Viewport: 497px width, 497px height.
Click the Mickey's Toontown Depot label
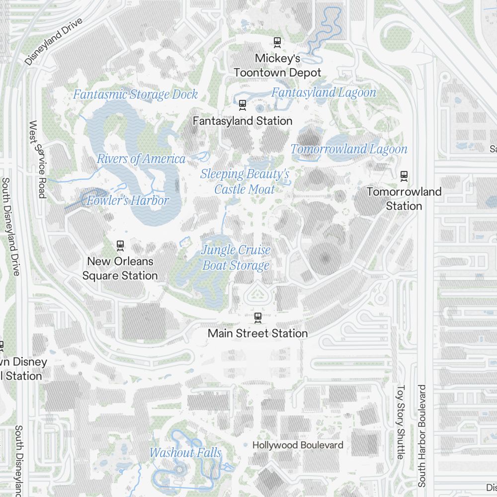click(x=277, y=66)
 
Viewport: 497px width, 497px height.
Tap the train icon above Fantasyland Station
click(x=243, y=104)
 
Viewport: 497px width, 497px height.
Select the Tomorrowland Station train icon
click(x=404, y=175)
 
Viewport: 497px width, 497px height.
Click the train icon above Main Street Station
click(x=257, y=317)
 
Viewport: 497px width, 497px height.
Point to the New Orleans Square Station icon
click(x=120, y=245)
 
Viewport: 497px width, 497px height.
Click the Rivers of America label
click(x=141, y=159)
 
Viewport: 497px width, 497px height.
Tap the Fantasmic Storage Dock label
click(x=135, y=94)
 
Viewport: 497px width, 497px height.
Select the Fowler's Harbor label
click(x=128, y=201)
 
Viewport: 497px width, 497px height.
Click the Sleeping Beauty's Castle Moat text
click(x=245, y=181)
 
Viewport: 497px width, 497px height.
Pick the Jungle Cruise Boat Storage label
click(x=236, y=257)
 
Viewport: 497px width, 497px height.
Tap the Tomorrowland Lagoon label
click(x=349, y=149)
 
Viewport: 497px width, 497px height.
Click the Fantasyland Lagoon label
click(x=324, y=92)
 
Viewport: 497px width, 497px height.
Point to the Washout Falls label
click(x=185, y=453)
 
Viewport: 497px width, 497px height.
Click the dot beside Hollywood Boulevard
click(x=246, y=445)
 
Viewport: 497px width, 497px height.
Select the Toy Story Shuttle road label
click(x=401, y=422)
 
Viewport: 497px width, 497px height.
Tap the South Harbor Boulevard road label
click(x=422, y=435)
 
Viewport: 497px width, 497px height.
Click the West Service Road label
click(x=38, y=159)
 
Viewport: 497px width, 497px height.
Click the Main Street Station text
click(x=257, y=333)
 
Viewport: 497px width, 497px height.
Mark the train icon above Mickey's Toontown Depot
click(x=277, y=42)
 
